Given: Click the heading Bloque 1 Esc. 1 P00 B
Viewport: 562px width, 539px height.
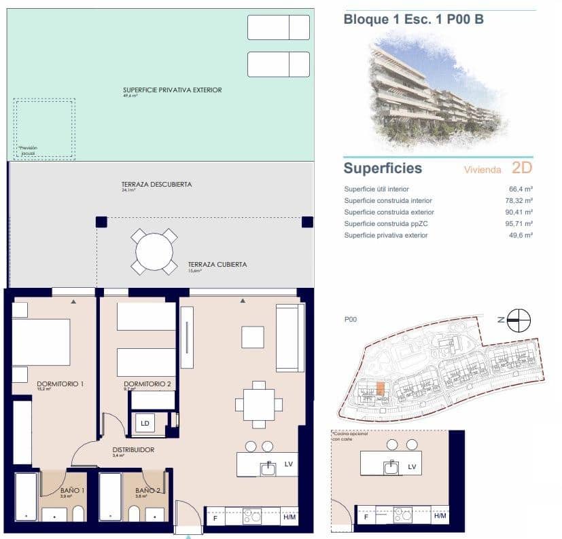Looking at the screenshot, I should [413, 19].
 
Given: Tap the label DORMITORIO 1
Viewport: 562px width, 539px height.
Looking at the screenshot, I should [60, 384].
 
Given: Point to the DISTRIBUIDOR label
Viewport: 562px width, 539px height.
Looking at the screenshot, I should [133, 449].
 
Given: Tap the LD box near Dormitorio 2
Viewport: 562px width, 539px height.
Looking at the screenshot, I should [145, 423].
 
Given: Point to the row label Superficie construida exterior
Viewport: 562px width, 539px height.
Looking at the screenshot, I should [388, 212].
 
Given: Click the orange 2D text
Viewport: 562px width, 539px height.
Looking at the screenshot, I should [521, 168].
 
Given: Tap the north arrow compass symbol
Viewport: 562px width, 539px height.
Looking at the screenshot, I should [519, 320].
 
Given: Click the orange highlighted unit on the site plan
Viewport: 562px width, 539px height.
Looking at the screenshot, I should [381, 388].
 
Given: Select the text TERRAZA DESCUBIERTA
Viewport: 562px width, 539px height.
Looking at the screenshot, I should [156, 185].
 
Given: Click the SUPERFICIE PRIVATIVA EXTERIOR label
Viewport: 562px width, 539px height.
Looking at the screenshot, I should [172, 90].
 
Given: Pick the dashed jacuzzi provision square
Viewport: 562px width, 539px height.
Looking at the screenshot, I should [44, 129].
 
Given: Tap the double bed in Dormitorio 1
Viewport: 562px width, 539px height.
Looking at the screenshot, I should [41, 342].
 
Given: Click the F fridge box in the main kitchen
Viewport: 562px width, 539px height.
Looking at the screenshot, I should [215, 517].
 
